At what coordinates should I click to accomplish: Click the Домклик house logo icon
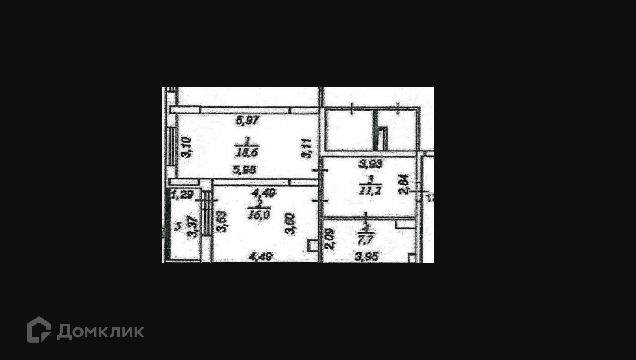pos(39,330)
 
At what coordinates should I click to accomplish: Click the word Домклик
pos(100,332)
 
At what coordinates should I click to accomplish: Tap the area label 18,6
pos(247,152)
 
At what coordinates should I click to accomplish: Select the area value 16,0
pos(259,215)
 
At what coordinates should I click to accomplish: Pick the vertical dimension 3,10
pos(186,147)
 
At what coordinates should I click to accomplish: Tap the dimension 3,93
pos(370,164)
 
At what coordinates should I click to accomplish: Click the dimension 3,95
pos(366,257)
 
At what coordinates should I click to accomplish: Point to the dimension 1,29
pos(182,195)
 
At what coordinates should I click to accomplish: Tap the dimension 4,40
pos(263,192)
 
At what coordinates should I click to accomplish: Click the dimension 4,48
pos(261,257)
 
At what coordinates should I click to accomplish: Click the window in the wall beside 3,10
pos(173,146)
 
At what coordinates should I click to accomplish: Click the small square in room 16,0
pos(312,246)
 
